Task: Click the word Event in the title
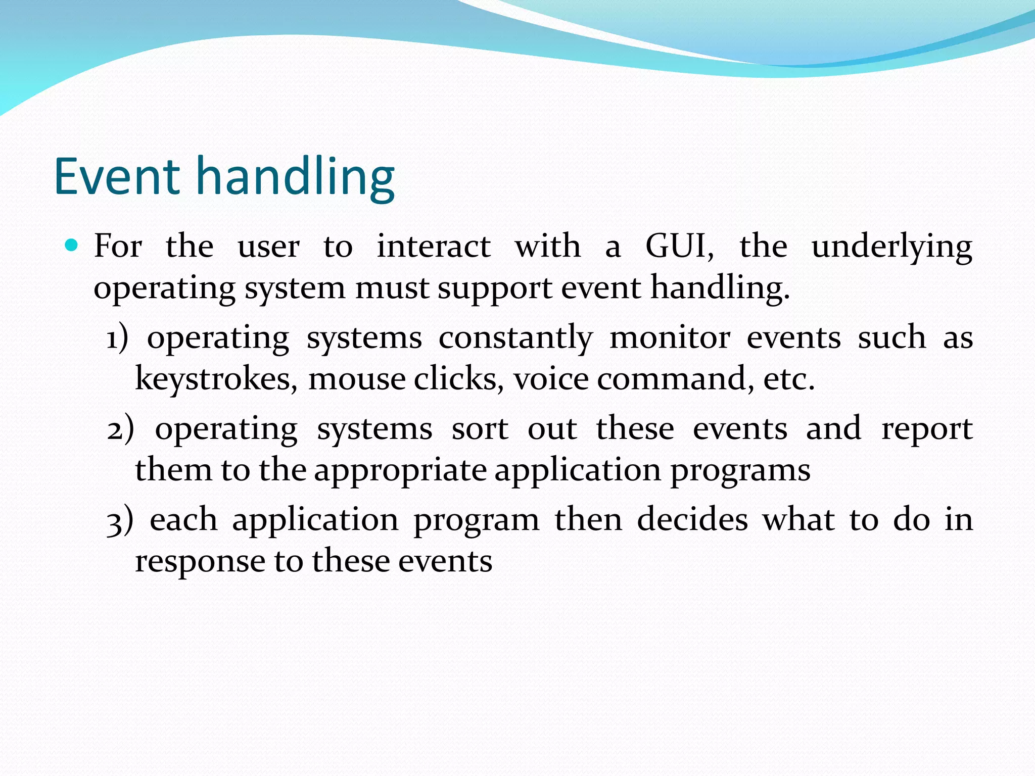117,176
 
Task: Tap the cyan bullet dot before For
72,246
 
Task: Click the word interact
434,247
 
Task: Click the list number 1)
117,338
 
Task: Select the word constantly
515,338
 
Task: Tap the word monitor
670,338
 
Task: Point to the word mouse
357,379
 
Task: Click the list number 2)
120,429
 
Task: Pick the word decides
692,520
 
